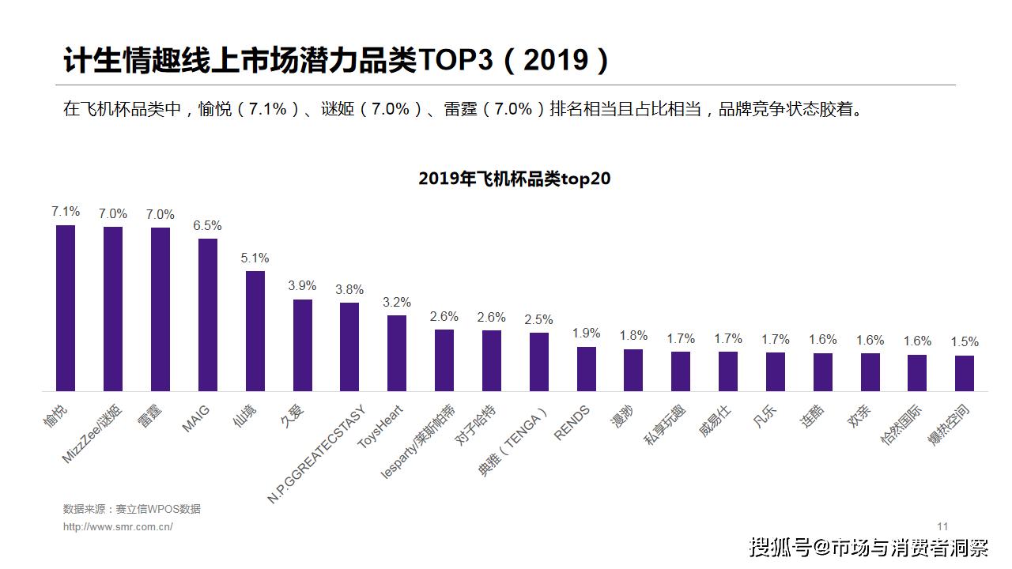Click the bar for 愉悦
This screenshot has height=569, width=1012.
click(x=66, y=308)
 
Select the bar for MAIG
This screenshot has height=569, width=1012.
click(x=208, y=315)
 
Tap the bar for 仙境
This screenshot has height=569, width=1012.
click(x=255, y=331)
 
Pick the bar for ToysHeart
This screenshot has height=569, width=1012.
click(x=397, y=353)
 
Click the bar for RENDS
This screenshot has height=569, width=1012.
click(x=586, y=369)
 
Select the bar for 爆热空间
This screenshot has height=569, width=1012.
click(x=965, y=373)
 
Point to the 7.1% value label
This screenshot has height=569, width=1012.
click(x=66, y=212)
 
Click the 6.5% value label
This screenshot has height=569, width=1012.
click(x=208, y=226)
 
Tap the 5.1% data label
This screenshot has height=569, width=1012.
click(x=255, y=258)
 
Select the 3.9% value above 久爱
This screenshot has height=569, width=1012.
click(x=303, y=286)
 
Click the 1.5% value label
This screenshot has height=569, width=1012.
click(x=965, y=342)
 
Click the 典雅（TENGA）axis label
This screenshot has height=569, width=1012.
click(x=514, y=442)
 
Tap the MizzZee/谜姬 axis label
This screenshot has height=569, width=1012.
click(x=93, y=434)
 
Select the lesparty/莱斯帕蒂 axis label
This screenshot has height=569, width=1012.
click(x=418, y=442)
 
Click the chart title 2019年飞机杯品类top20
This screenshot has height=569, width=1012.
click(x=515, y=179)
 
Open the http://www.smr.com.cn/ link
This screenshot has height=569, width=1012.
click(x=118, y=527)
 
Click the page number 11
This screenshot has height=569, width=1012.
click(x=942, y=527)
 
